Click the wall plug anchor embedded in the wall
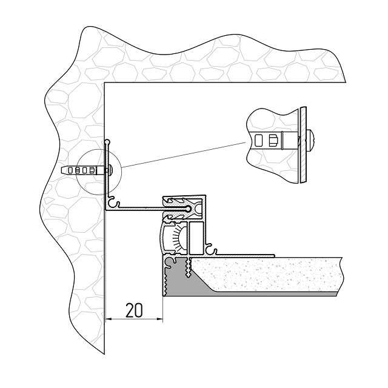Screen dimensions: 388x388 pyautogui.click(x=82, y=170)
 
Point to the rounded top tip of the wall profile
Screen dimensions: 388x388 pyautogui.click(x=107, y=142)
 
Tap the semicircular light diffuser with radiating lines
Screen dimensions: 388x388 pyautogui.click(x=173, y=238)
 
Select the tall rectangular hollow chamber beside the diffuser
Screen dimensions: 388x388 pyautogui.click(x=197, y=238)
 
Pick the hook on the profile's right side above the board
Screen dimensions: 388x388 pyautogui.click(x=211, y=247)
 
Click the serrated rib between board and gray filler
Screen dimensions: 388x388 pyautogui.click(x=190, y=267)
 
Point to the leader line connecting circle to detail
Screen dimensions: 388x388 pyautogui.click(x=182, y=154)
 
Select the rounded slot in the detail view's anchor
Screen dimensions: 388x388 pyautogui.click(x=259, y=141)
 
